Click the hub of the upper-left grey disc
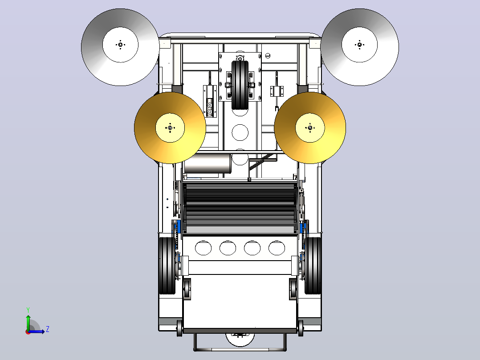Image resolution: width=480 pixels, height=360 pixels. (x=120, y=45)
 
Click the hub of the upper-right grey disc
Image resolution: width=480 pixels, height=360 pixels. (x=359, y=45)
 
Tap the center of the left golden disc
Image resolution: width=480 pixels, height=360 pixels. (x=170, y=128)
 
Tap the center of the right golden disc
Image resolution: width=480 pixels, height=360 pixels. (x=310, y=128)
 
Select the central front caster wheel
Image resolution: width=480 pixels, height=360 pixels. (x=240, y=85)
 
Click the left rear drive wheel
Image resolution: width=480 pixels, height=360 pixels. (x=167, y=266)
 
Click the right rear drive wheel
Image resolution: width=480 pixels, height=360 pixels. (x=313, y=266)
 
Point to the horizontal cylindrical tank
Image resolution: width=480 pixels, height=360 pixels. (x=207, y=164)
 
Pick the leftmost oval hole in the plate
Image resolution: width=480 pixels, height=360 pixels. (x=203, y=248)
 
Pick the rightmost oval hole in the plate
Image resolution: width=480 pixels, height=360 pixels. (x=277, y=248)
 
